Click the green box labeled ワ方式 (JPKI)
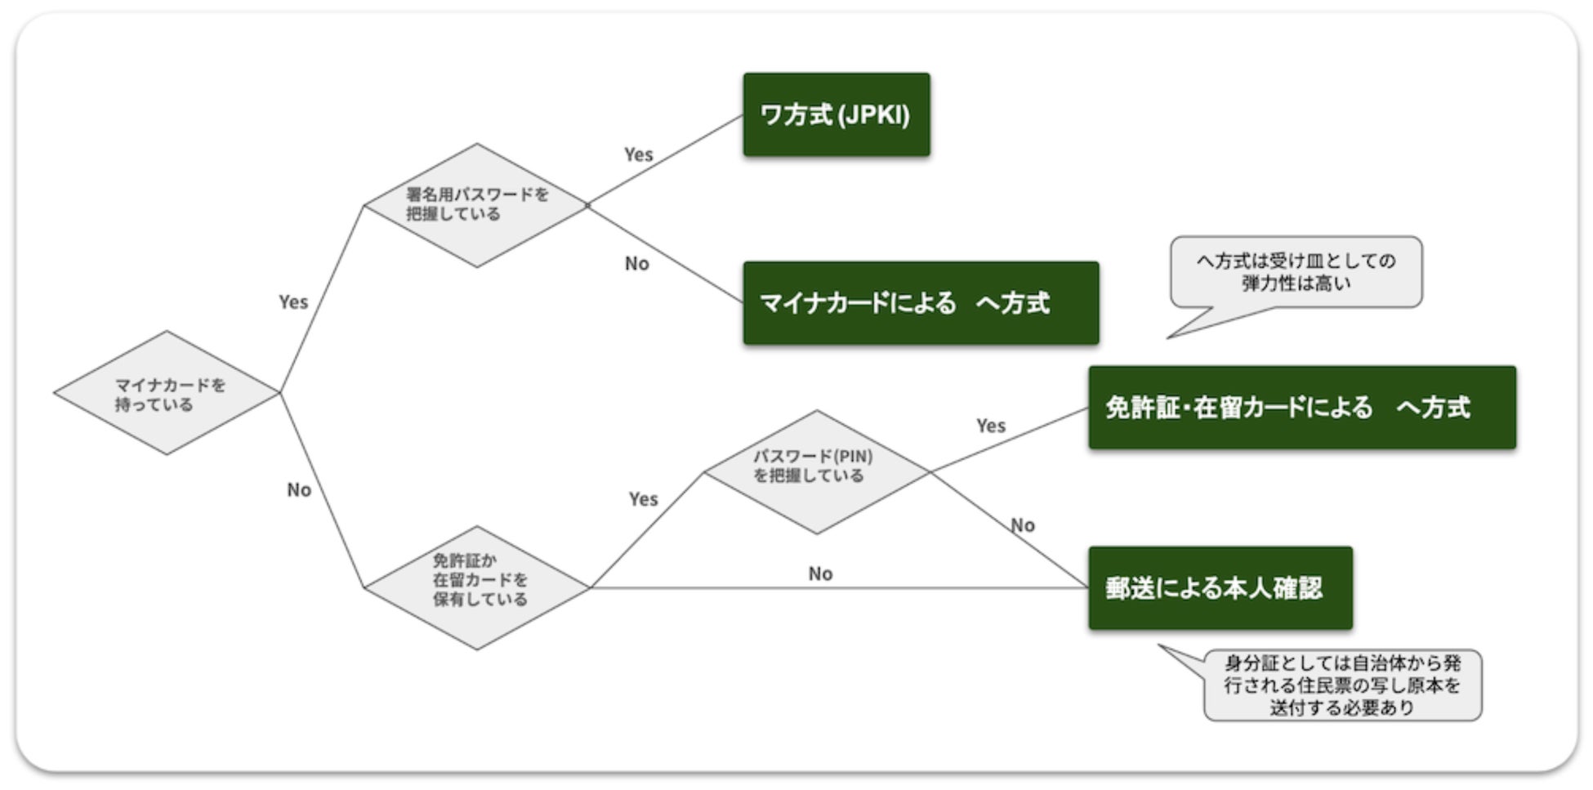836,114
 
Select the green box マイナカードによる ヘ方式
921,303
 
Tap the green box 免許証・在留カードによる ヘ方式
1301,407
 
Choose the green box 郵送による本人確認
1220,588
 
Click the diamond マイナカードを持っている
167,393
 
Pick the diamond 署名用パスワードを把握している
476,205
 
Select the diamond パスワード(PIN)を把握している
816,471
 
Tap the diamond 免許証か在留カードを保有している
476,587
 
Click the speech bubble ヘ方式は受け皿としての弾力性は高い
1296,272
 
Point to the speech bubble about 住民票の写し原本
1342,685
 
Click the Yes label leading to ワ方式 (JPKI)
639,154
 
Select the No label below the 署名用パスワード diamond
637,263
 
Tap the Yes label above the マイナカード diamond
293,302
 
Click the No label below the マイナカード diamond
299,489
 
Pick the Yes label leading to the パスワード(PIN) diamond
643,498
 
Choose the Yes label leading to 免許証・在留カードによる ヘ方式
991,426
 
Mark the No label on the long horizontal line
820,574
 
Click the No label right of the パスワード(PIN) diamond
1023,525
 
